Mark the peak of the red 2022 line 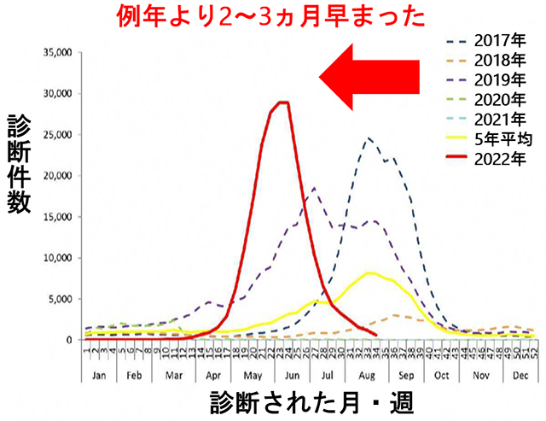pyautogui.click(x=282, y=102)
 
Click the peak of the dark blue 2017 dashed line pyautogui.click(x=369, y=138)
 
